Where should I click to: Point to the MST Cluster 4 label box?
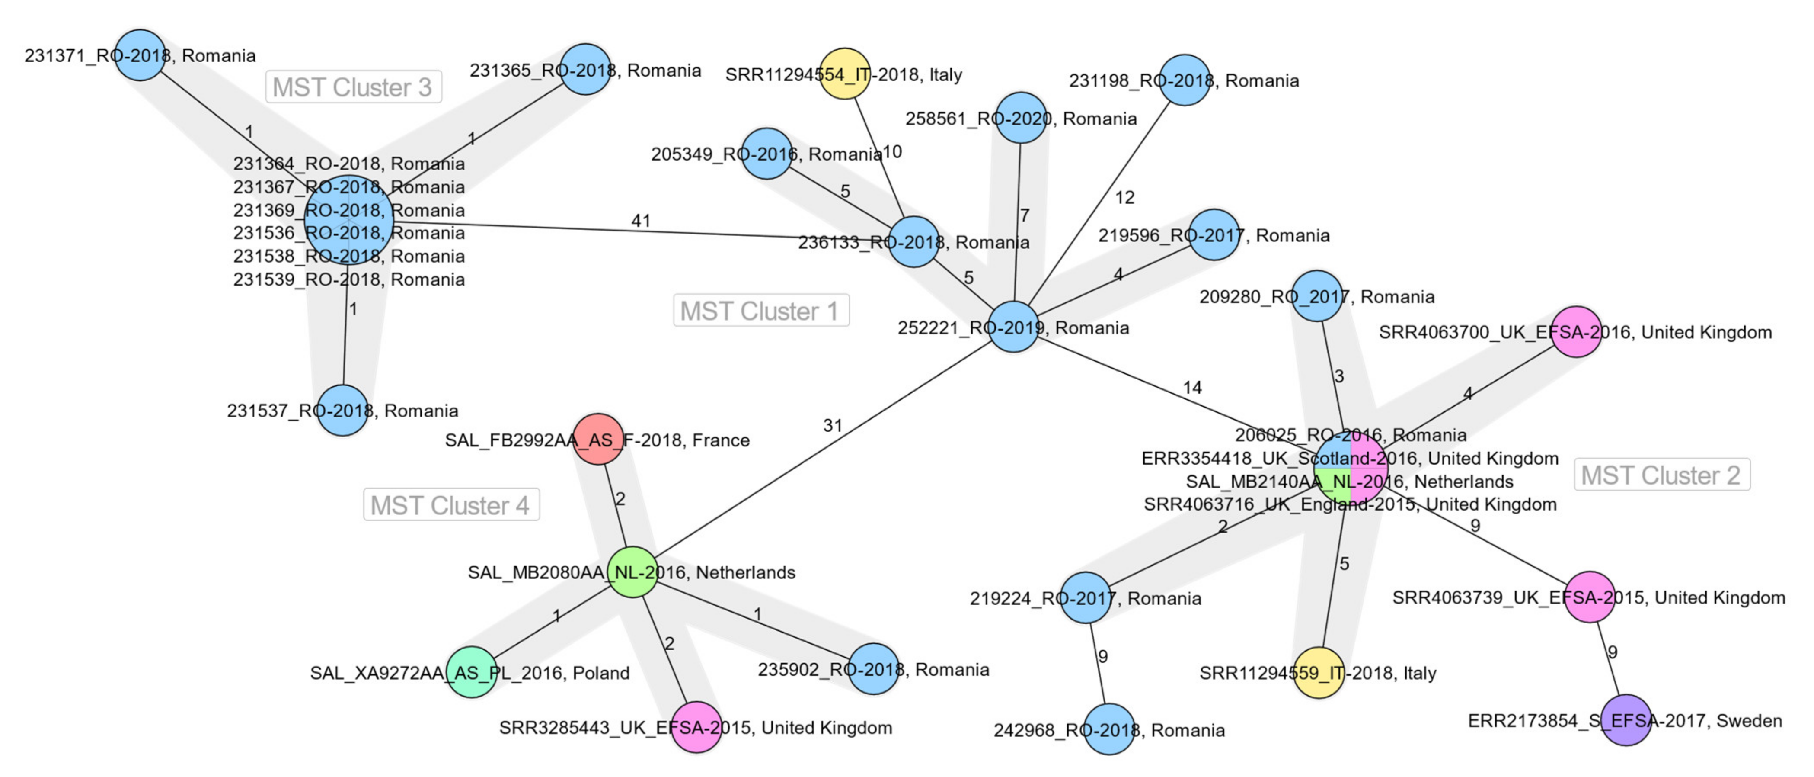tap(450, 505)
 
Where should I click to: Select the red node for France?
tap(598, 439)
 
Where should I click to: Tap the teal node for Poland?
tap(471, 672)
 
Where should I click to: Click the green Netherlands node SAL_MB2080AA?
tap(632, 572)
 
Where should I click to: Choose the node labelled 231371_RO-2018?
tap(140, 55)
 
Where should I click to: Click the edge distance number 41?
tap(640, 221)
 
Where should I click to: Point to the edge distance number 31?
tap(832, 425)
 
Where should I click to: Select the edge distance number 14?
tap(1191, 388)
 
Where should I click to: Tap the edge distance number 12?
tap(1124, 198)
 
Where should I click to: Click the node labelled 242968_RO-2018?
tap(1109, 729)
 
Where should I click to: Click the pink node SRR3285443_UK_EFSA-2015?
tap(696, 727)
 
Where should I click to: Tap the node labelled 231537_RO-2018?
tap(342, 411)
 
